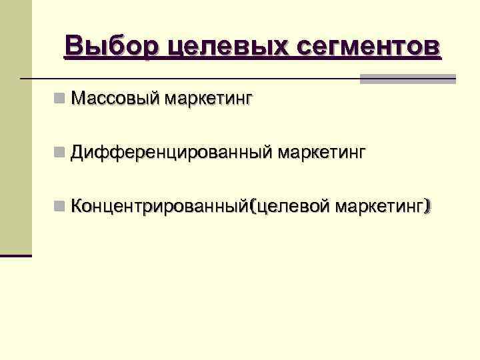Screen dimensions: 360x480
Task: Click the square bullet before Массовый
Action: click(61, 99)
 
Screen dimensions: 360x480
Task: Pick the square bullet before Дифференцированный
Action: click(61, 153)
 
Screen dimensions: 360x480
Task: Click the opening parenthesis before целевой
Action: click(251, 207)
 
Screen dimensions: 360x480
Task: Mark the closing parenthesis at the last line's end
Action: click(428, 207)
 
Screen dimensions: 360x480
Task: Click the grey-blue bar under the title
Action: click(408, 79)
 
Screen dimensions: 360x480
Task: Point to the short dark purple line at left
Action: click(16, 255)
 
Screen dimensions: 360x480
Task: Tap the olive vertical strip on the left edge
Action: click(16, 127)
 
